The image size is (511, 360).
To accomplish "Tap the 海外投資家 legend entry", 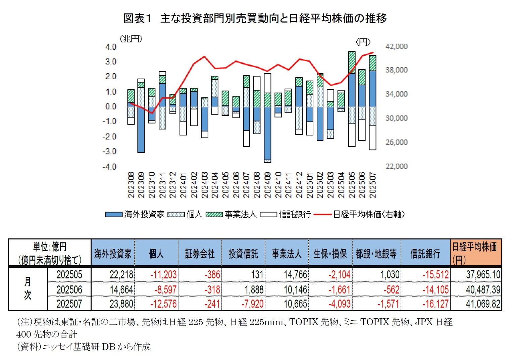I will pyautogui.click(x=135, y=214).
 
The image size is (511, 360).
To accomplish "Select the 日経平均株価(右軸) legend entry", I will pyautogui.click(x=359, y=214).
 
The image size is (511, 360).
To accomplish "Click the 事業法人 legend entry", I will pyautogui.click(x=231, y=214).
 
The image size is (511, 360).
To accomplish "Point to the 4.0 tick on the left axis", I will pyautogui.click(x=111, y=47).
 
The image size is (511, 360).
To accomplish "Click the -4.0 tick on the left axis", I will pyautogui.click(x=109, y=167).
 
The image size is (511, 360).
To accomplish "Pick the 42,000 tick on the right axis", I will pyautogui.click(x=396, y=46).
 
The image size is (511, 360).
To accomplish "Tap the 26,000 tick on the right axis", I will pyautogui.click(x=396, y=142).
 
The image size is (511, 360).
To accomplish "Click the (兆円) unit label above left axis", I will pyautogui.click(x=131, y=39).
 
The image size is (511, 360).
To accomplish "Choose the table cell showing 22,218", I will pyautogui.click(x=121, y=275).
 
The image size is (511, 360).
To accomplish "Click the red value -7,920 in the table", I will pyautogui.click(x=252, y=304).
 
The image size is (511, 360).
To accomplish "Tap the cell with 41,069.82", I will pyautogui.click(x=483, y=304).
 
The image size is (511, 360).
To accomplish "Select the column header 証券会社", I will pyautogui.click(x=200, y=254).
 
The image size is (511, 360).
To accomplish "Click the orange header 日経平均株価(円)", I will pyautogui.click(x=475, y=253).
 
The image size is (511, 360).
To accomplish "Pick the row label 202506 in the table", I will pyautogui.click(x=69, y=289).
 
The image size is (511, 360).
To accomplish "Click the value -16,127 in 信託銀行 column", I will pyautogui.click(x=435, y=304).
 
